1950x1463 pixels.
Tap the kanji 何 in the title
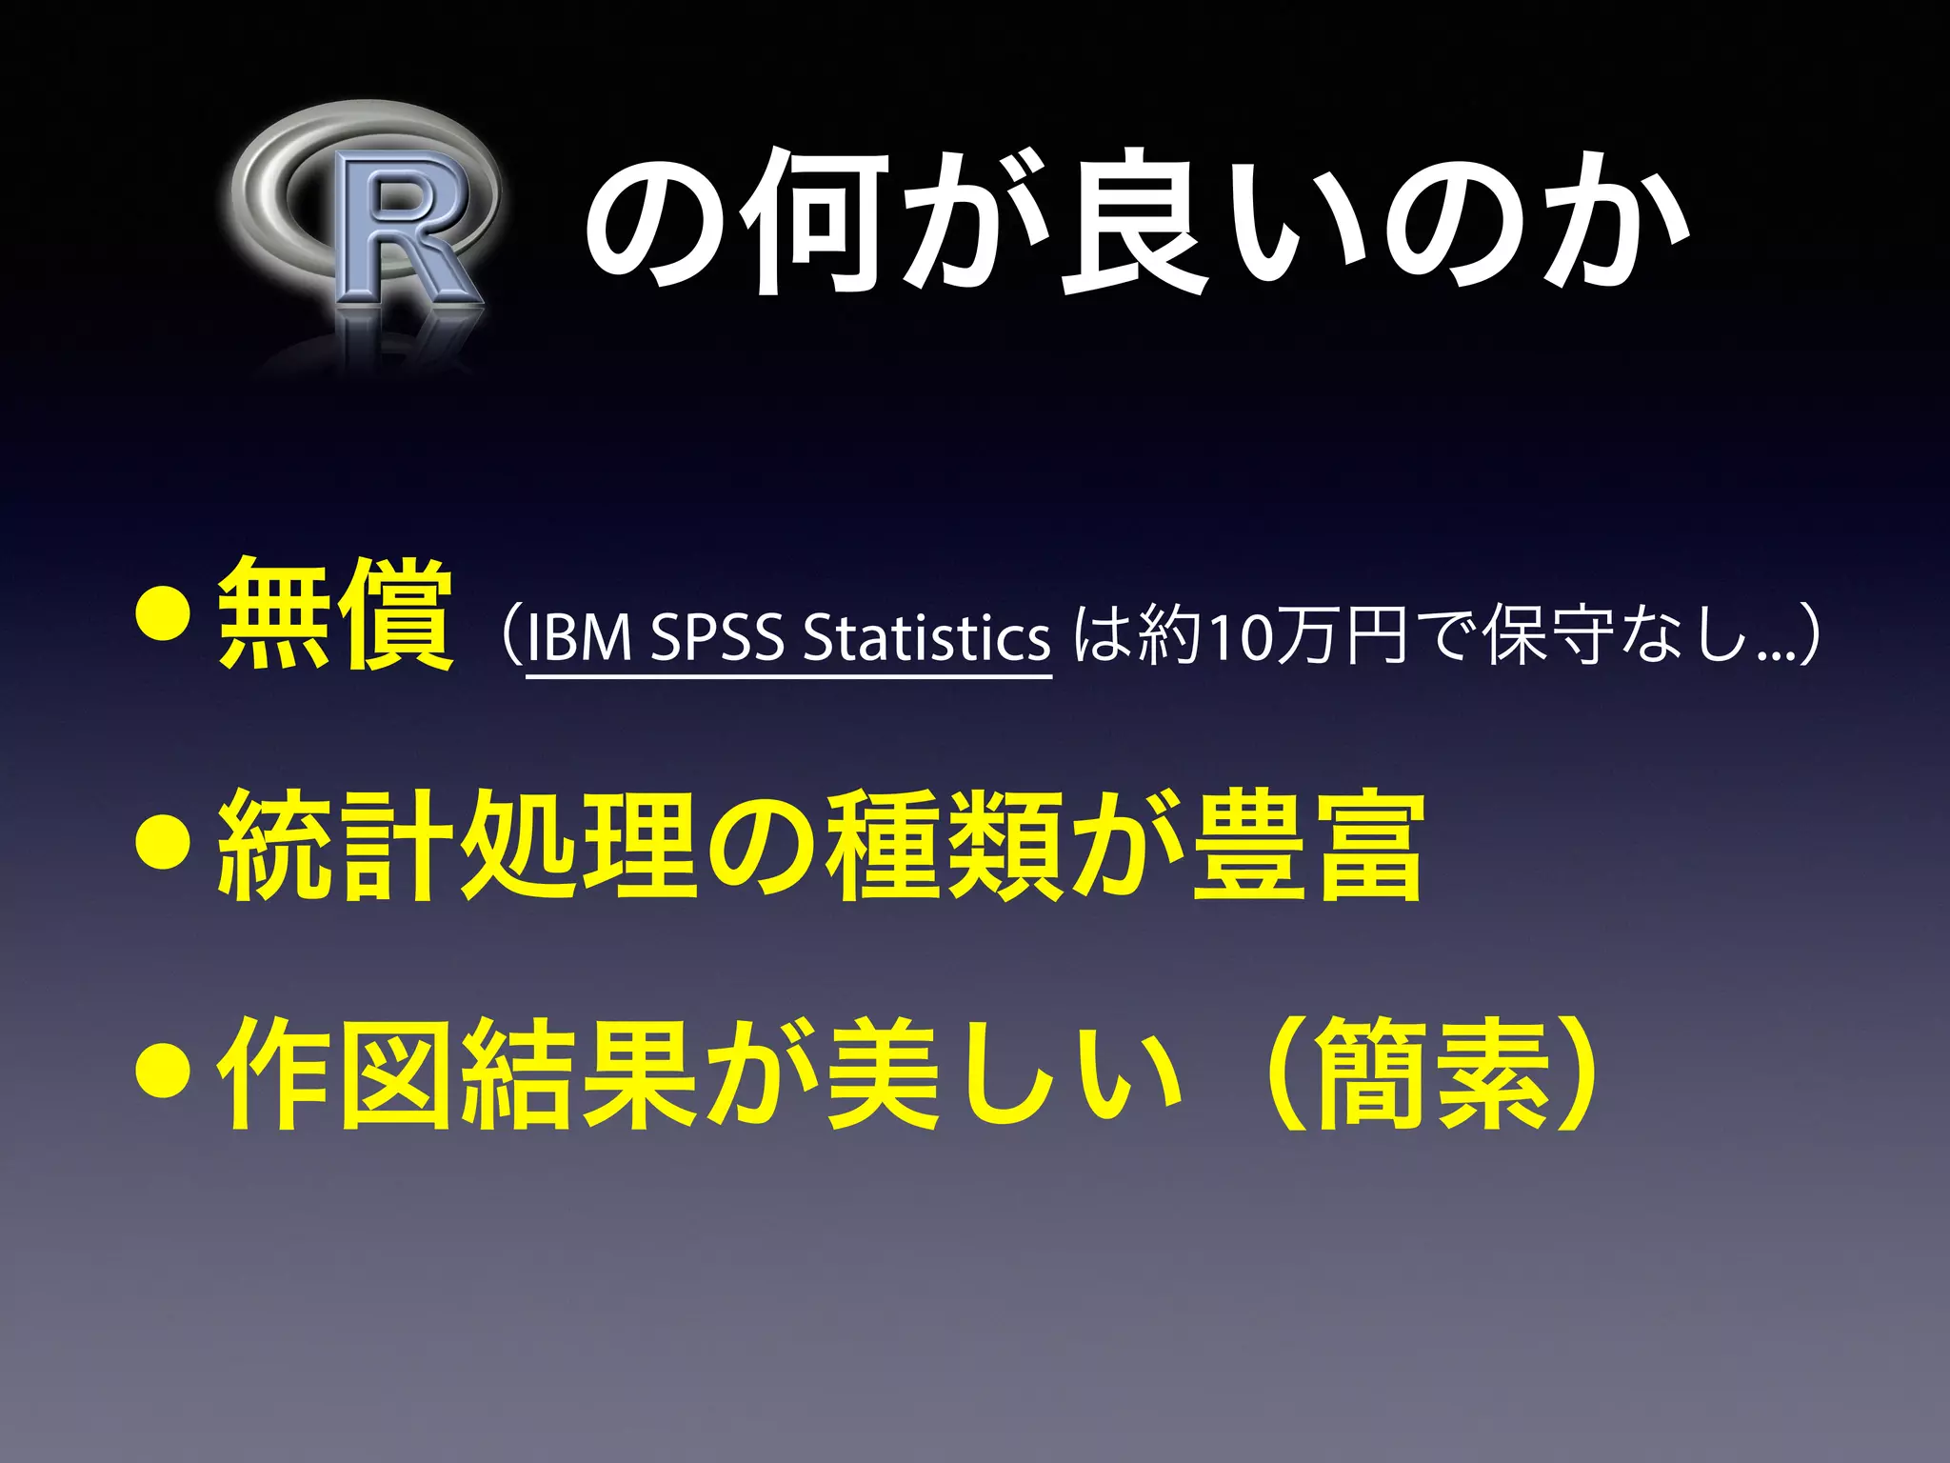[815, 221]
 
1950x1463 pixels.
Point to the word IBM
[579, 636]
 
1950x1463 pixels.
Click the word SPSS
[716, 636]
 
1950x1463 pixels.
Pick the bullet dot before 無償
[164, 617]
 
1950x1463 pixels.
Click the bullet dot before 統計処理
[164, 845]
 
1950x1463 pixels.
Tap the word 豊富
[1308, 845]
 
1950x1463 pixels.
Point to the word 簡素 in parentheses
[1434, 1074]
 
